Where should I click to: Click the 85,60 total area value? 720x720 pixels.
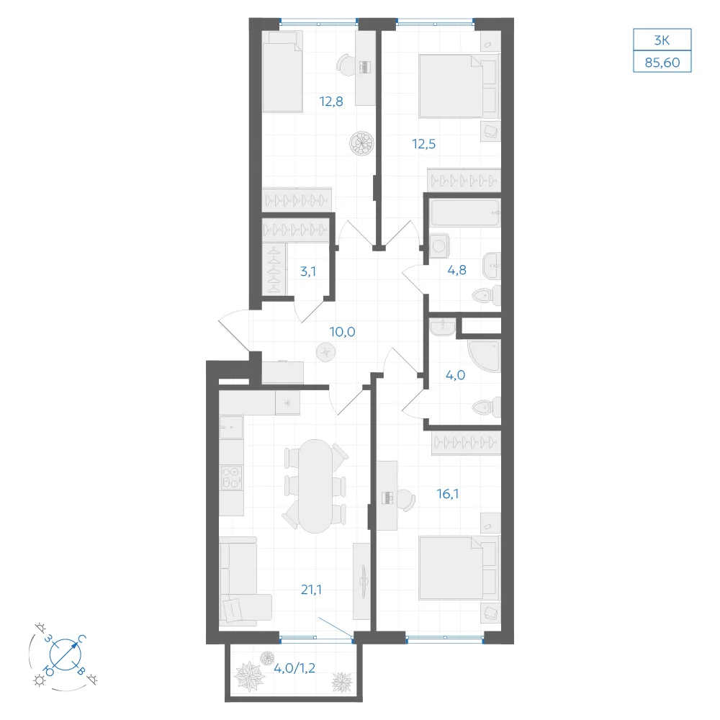[x=662, y=62]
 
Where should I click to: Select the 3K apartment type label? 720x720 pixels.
[x=662, y=40]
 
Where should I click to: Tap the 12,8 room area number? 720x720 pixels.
[x=331, y=102]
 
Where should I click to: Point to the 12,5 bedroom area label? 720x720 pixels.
[x=424, y=144]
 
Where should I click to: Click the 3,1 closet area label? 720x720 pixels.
[x=307, y=271]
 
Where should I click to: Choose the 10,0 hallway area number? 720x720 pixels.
[x=342, y=331]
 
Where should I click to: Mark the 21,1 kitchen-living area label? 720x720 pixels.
[x=311, y=590]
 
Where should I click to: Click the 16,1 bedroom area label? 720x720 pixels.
[x=448, y=494]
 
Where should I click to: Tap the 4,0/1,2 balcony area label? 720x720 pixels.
[x=294, y=668]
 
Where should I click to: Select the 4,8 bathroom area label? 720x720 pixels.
[x=457, y=270]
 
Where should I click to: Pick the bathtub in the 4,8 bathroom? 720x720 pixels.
[x=465, y=212]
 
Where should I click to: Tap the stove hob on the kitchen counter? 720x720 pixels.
[x=231, y=477]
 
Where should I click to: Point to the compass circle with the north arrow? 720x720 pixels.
[x=66, y=654]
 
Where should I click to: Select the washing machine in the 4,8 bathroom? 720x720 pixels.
[x=439, y=246]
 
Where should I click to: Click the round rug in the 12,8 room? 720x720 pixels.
[x=361, y=143]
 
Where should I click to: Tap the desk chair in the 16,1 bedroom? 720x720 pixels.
[x=406, y=500]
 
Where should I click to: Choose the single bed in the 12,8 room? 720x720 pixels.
[x=282, y=71]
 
